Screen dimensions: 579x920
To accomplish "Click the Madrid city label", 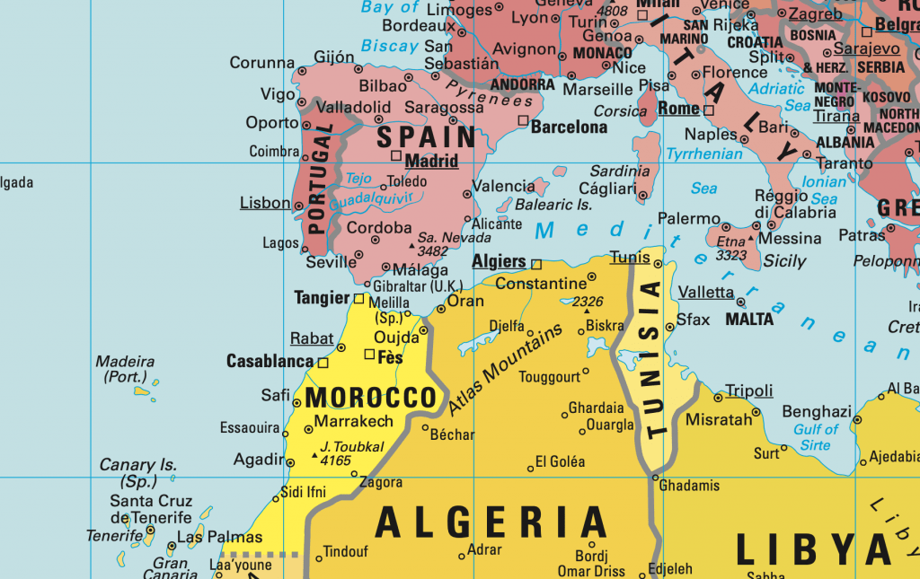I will pos(432,162).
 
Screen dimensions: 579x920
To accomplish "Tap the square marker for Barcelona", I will pos(523,119).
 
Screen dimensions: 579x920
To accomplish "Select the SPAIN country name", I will pos(426,137).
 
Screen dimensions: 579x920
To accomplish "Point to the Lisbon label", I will pos(265,203).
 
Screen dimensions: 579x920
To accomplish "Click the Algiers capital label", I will pos(499,262).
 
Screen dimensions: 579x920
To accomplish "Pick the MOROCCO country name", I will pos(371,398).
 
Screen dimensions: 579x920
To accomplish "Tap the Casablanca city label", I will pos(270,362).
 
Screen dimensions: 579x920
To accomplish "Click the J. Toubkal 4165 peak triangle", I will pos(314,456).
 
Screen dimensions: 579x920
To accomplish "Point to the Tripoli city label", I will pos(748,390).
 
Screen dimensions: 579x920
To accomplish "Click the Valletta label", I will pos(705,293).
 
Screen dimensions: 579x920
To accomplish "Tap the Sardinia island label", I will pos(620,171).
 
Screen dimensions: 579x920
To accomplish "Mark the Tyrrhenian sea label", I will pos(704,154).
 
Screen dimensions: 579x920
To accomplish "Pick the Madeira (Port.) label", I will pos(125,369).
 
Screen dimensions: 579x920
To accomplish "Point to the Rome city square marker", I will pos(708,110).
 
